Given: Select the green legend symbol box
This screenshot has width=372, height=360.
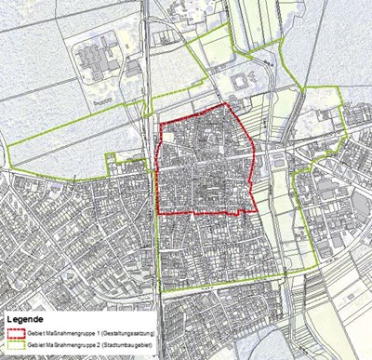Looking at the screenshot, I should pos(15,344).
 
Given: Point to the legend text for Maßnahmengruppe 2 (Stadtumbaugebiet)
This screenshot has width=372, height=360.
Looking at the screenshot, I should pos(89,344).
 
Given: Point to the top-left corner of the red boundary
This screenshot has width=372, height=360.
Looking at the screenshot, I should pos(160,125).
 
